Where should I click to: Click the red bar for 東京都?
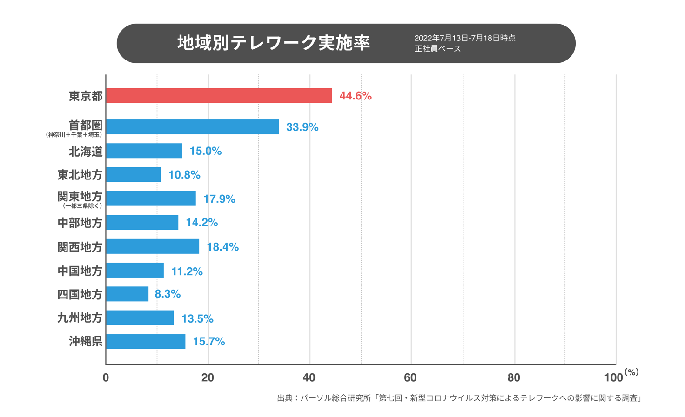219,96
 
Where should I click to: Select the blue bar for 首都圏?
192,127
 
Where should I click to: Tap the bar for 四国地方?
127,294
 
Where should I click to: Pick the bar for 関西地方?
153,246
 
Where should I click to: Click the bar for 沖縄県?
146,342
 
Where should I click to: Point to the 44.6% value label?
356,96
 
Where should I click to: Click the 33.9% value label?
302,127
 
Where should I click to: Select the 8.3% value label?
168,294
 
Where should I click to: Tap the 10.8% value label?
184,175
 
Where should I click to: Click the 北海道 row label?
86,151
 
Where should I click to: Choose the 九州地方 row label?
80,318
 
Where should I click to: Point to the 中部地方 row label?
80,223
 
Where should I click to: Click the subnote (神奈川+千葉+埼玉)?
74,135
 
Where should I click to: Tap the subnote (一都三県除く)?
82,206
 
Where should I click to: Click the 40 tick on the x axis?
309,377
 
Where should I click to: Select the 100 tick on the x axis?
613,377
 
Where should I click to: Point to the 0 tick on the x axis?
106,377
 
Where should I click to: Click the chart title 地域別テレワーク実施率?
274,43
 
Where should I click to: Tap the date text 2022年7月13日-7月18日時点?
464,38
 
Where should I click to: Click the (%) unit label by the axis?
631,372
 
